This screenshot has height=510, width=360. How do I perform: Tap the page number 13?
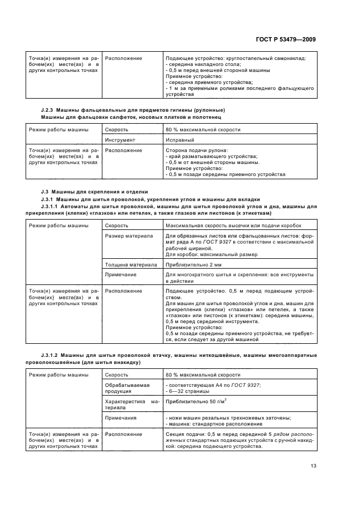[313, 465]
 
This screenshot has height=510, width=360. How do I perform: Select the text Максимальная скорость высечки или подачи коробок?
[233, 226]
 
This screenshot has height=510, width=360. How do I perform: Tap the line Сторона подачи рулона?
[197, 150]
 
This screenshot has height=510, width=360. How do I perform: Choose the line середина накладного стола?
[201, 64]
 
